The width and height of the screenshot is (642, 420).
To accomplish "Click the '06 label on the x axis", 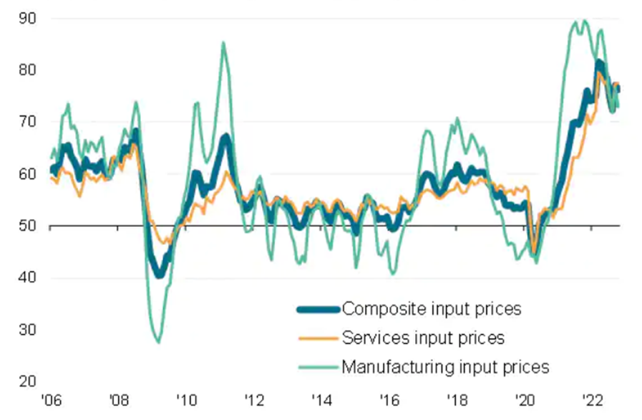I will pyautogui.click(x=50, y=400).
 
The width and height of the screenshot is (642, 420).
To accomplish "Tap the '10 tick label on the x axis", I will pyautogui.click(x=186, y=400).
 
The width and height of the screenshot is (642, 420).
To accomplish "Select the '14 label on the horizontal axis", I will pyautogui.click(x=321, y=400).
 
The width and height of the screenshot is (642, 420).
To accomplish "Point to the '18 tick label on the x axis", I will pyautogui.click(x=457, y=400).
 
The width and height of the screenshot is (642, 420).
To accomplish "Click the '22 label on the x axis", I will pyautogui.click(x=592, y=400).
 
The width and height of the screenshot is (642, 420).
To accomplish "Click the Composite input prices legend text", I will pyautogui.click(x=432, y=309).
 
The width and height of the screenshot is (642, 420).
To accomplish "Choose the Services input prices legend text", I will pyautogui.click(x=423, y=338).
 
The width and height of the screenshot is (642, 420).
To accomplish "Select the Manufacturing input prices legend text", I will pyautogui.click(x=445, y=367).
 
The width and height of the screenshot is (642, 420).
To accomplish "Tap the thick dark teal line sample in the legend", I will pyautogui.click(x=317, y=310).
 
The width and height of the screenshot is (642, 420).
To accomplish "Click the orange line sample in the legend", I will pyautogui.click(x=317, y=338).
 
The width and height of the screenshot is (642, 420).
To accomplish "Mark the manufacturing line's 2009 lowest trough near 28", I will pyautogui.click(x=158, y=343).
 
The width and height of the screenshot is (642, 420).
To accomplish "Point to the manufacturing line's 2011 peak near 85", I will pyautogui.click(x=223, y=42).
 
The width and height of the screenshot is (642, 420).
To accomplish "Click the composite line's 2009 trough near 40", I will pyautogui.click(x=160, y=275).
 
